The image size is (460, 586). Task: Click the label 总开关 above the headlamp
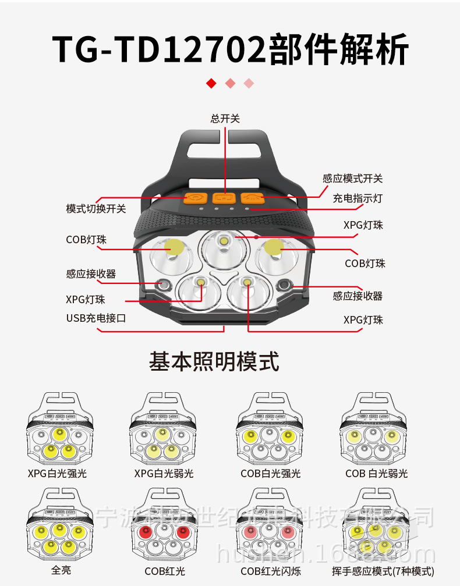point(225,119)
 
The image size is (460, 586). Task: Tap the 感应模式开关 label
point(353,179)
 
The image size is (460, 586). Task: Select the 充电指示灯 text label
point(358,198)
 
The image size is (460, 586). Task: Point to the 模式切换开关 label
point(96,208)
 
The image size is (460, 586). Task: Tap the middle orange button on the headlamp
point(225,198)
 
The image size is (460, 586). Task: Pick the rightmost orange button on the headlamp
point(253,198)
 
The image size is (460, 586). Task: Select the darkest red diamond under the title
point(211,83)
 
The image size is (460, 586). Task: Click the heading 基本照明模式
point(214,361)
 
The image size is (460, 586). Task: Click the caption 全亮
point(61,570)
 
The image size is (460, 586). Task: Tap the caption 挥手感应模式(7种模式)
point(375,571)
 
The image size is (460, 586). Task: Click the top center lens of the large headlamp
point(224,244)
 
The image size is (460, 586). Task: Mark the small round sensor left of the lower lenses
point(162,284)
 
